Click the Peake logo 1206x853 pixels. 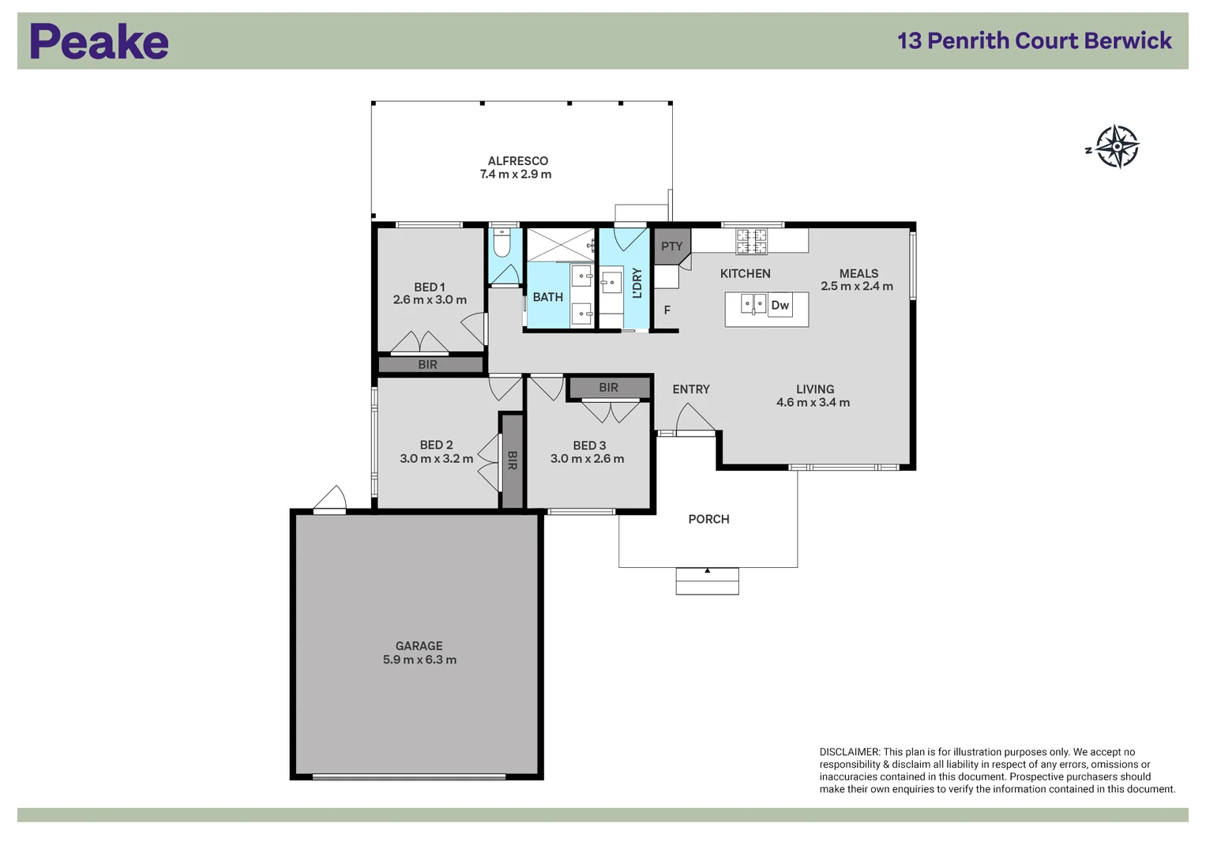pos(99,42)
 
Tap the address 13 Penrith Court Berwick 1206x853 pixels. pos(1034,41)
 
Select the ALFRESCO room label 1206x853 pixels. pos(517,161)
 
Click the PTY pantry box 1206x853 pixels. pos(671,246)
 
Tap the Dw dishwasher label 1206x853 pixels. pos(780,306)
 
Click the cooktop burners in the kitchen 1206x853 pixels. pos(751,241)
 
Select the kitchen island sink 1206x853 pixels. pos(753,303)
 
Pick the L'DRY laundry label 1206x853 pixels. pos(637,283)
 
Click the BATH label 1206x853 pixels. pos(547,298)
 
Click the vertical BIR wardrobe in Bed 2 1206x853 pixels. pos(512,460)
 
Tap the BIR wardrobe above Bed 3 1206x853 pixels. pos(609,388)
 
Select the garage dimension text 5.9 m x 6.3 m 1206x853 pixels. pos(419,660)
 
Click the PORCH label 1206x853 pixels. pos(708,520)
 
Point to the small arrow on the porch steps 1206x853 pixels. pos(707,570)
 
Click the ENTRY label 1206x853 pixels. pos(691,389)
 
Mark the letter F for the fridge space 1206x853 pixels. pos(667,310)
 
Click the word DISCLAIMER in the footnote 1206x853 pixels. pos(849,753)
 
